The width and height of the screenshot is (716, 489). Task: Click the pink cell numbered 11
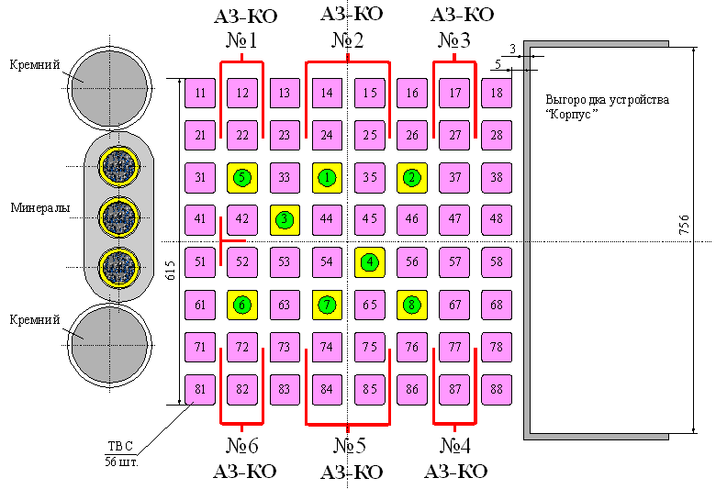tap(200, 93)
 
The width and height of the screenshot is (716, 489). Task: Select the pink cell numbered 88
tap(497, 389)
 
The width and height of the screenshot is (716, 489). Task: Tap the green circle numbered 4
tap(370, 261)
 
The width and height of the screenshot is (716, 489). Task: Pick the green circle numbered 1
tap(327, 177)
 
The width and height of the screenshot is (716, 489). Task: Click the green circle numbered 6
tap(242, 304)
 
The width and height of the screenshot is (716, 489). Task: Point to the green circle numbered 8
tap(412, 304)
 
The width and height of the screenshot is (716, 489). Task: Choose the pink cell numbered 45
tap(370, 219)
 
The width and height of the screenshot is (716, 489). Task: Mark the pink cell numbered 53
tap(285, 261)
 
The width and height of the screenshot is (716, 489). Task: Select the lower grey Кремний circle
tap(110, 337)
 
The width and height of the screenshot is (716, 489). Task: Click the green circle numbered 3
tap(285, 219)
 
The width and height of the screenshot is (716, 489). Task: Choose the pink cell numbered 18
tap(497, 93)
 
